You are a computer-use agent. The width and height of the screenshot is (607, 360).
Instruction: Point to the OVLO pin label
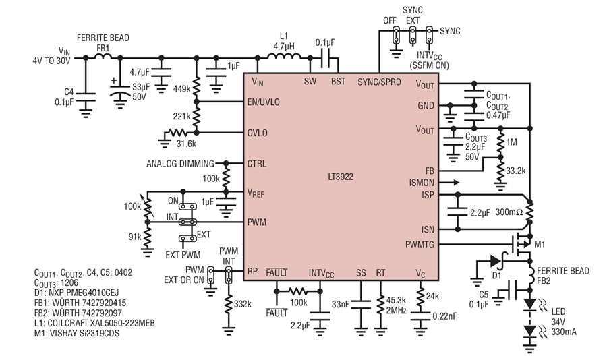tap(258, 133)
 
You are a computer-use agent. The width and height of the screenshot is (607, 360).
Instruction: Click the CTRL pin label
tap(257, 163)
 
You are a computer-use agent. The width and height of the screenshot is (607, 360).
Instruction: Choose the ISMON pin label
tap(422, 182)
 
